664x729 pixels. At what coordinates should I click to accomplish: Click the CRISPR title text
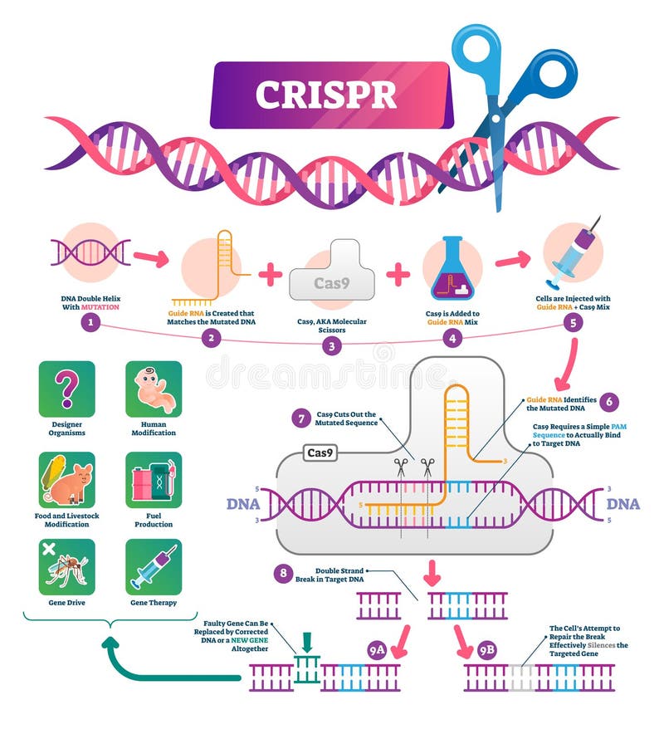325,95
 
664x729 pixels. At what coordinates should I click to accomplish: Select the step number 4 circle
452,339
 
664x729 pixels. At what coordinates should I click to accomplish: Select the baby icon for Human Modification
154,389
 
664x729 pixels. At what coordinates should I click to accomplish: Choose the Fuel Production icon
154,479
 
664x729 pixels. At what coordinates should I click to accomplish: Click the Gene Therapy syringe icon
154,567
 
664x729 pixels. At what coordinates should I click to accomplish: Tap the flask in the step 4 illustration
452,269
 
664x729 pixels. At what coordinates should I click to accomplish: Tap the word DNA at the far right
622,504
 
